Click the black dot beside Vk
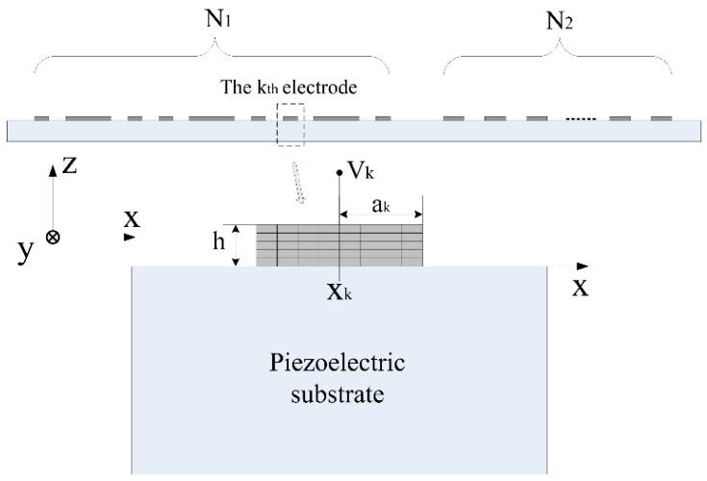coord(340,173)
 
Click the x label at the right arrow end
coord(581,287)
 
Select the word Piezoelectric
coord(340,367)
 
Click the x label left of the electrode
coord(132,219)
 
